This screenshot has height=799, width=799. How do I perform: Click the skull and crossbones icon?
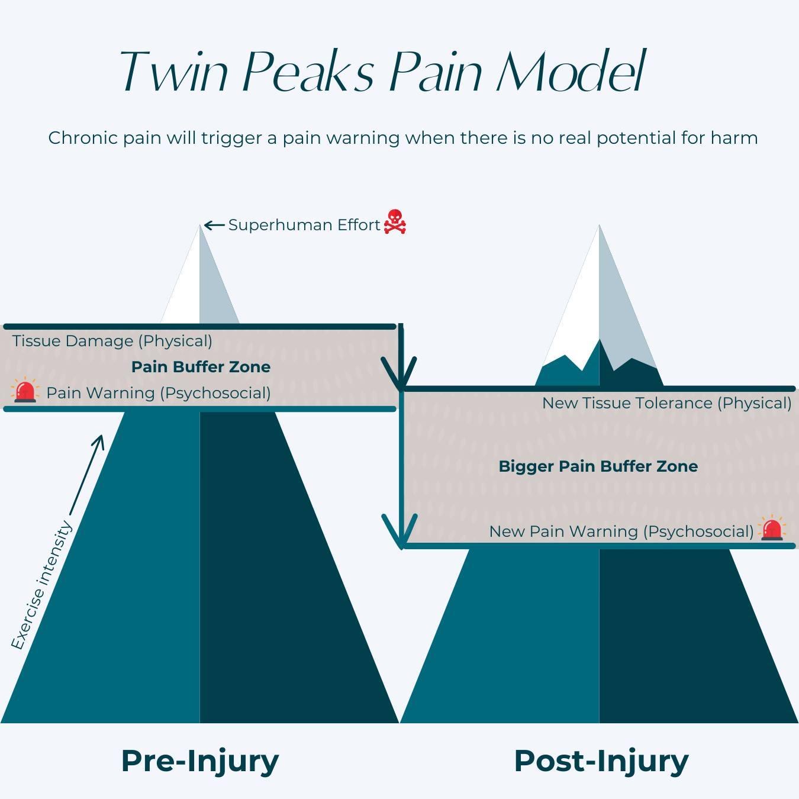pos(395,222)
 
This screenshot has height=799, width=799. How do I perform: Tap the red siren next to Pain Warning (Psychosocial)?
pos(25,391)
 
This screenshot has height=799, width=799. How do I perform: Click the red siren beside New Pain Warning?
pos(772,529)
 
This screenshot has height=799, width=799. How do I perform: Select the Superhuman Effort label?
pos(304,225)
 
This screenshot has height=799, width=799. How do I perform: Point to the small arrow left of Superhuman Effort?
pos(214,225)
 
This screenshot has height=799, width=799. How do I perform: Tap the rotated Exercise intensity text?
pos(41,585)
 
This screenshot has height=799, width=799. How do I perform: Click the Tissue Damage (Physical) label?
pos(112,341)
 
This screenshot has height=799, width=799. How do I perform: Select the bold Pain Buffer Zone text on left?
pos(201,367)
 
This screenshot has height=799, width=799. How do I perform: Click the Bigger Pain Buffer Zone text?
pos(598,466)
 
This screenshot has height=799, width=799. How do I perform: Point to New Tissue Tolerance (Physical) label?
pos(666,403)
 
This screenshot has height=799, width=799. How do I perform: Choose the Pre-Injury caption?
pos(199,761)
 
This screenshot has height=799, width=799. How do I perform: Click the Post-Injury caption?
pos(601,761)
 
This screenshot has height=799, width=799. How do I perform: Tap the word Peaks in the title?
pos(308,72)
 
